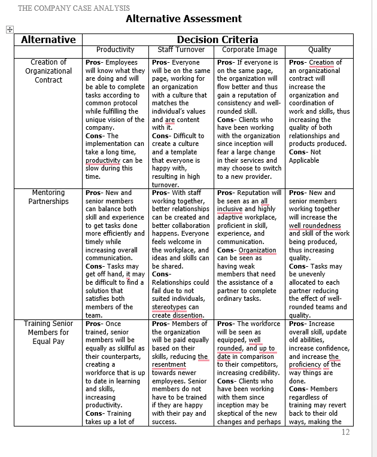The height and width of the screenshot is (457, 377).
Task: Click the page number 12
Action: click(x=345, y=432)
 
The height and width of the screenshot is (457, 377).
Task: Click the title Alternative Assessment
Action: click(x=184, y=19)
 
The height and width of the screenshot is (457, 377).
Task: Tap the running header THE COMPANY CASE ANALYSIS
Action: click(x=74, y=8)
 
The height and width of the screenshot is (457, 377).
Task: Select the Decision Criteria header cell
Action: click(x=217, y=39)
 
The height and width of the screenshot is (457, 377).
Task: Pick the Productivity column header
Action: click(x=115, y=50)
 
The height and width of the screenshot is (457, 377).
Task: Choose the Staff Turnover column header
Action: click(x=181, y=50)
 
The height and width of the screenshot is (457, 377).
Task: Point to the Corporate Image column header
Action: click(x=250, y=50)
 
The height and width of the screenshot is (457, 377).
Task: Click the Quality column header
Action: click(x=319, y=50)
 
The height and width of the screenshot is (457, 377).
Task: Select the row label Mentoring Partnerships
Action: click(x=48, y=197)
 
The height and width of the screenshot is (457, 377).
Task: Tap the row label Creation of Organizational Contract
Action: click(x=48, y=71)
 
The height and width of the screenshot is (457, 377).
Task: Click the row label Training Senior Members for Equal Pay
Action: click(x=48, y=332)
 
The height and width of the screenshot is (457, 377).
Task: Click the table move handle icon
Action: click(x=9, y=29)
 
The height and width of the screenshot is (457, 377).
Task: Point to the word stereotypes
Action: click(x=170, y=307)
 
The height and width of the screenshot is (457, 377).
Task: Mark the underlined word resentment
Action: click(x=169, y=364)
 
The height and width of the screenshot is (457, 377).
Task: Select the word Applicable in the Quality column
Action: click(x=304, y=160)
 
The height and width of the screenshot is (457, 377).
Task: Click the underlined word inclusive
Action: click(x=230, y=209)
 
